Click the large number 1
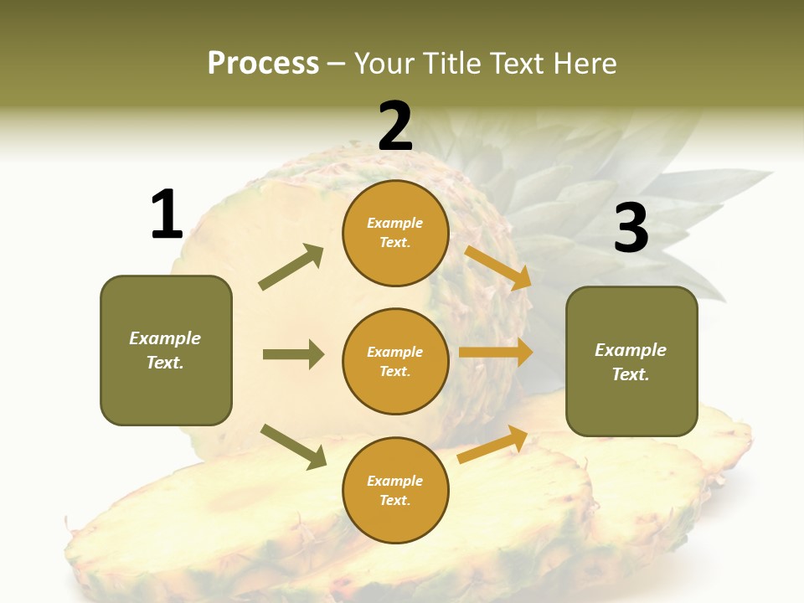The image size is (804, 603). (167, 214)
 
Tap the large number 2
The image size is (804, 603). (395, 126)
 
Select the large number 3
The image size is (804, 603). (631, 229)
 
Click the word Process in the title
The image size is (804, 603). (263, 64)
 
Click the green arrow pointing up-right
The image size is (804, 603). (291, 267)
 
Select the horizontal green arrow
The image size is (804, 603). (293, 354)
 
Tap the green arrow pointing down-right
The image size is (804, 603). (293, 446)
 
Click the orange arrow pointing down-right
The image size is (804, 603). (497, 267)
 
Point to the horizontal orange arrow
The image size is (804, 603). (495, 353)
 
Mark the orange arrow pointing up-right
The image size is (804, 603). (492, 444)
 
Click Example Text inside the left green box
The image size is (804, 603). (165, 350)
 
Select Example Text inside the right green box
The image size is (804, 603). (631, 362)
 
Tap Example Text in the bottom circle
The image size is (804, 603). (394, 490)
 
